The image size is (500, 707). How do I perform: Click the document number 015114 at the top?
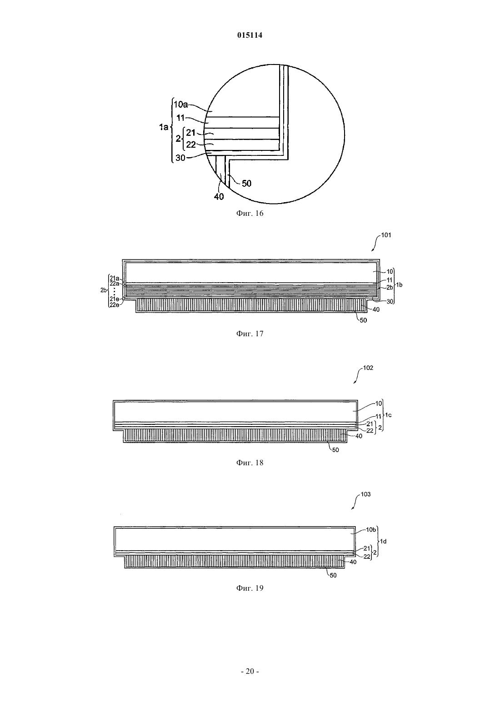coord(250,35)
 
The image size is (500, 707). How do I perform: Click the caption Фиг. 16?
coord(250,214)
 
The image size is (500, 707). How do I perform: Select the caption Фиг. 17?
coord(250,334)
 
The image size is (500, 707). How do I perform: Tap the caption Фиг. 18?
coord(250,463)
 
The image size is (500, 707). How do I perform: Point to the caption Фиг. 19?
coord(250,588)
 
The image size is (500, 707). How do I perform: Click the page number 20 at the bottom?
coord(250,672)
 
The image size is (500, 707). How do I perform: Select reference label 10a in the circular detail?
coord(180,105)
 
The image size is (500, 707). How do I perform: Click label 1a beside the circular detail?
coord(164,128)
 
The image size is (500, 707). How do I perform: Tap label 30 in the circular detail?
coord(180,158)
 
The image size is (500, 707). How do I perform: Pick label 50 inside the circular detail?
coord(246,184)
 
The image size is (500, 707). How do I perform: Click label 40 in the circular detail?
coord(219,197)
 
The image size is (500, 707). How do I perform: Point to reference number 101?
coord(386,235)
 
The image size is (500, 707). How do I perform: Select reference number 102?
coord(368,368)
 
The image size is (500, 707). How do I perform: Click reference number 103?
coord(365,494)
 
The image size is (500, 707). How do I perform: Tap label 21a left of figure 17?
coord(114,278)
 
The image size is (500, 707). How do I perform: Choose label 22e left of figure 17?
coord(114,305)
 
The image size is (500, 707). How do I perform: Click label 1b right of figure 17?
coord(399,285)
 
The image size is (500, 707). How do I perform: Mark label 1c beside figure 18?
coord(388,415)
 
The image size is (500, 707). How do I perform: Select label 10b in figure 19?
coord(371,530)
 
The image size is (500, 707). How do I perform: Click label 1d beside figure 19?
coord(383,542)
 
